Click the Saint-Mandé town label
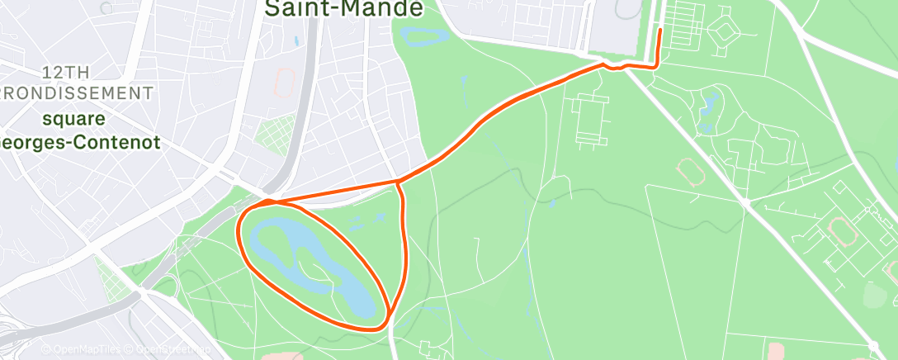tap(343, 8)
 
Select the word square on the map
tap(75, 119)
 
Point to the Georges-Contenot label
tap(78, 142)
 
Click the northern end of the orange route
tap(660, 31)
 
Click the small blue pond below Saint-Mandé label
tap(423, 36)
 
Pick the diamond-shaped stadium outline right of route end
tap(725, 31)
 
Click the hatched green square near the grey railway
tap(276, 132)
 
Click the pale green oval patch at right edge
tap(874, 294)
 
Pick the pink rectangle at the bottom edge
tap(777, 352)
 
